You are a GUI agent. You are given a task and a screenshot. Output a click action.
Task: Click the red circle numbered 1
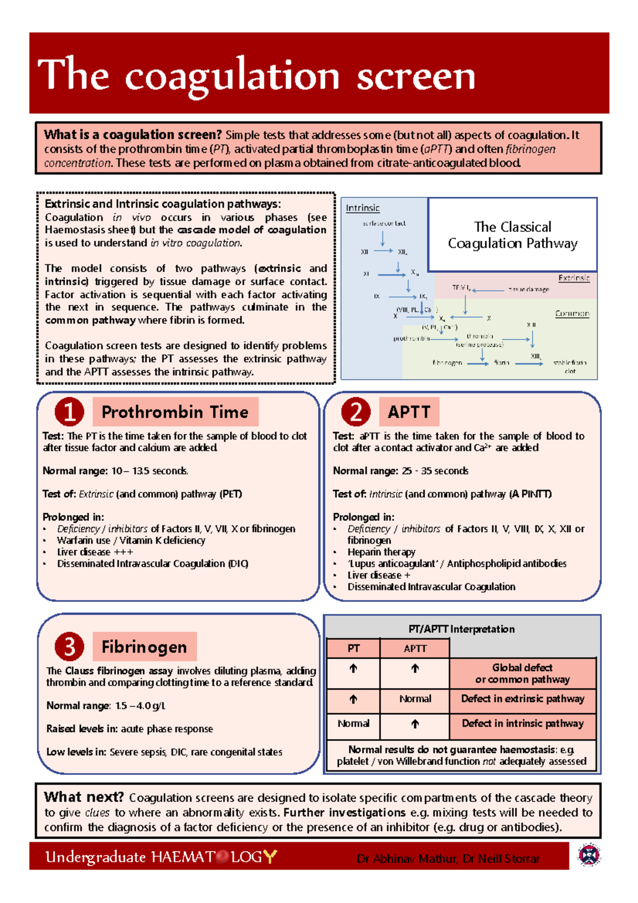coord(69,412)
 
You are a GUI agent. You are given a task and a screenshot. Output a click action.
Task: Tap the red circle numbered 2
coord(356,412)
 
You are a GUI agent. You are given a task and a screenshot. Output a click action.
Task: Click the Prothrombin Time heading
coord(175,412)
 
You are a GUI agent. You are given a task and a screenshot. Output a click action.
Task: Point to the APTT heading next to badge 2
coord(409,412)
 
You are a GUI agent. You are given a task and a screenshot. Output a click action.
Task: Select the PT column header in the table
coord(353,648)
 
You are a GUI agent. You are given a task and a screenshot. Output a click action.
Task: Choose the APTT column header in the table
coord(415,648)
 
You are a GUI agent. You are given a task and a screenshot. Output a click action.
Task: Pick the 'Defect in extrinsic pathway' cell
coord(522,699)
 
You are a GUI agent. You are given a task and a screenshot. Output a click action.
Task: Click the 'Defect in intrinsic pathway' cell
coord(522,723)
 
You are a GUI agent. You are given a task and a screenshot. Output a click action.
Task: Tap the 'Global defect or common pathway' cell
coord(522,673)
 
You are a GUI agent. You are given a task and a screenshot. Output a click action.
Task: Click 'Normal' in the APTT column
coord(415,699)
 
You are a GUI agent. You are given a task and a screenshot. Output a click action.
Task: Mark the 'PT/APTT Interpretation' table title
coord(461,629)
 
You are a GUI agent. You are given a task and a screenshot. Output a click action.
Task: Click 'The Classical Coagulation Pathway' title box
coord(513,235)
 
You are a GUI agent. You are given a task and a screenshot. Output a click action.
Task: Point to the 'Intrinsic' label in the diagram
coord(363,208)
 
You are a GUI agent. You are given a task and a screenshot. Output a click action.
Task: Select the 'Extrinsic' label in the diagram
coord(574,278)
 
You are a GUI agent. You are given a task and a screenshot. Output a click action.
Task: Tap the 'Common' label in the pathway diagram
coord(572,313)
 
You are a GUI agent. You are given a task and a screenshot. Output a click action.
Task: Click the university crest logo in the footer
coord(589,855)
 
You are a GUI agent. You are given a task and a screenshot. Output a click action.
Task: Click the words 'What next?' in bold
coord(83,797)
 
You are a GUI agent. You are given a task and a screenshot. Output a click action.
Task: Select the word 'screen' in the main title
coord(415,76)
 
